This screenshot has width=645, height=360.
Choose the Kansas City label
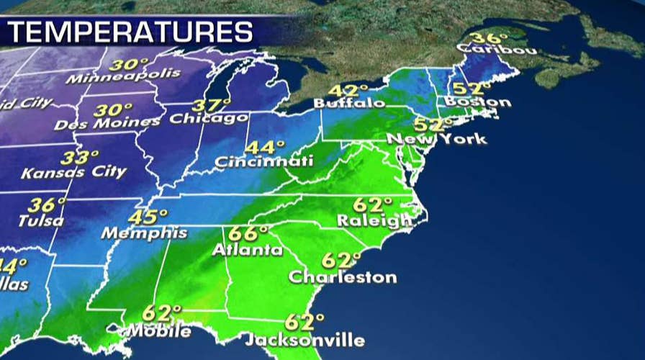pyautogui.click(x=73, y=173)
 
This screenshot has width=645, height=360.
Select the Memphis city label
pyautogui.click(x=144, y=233)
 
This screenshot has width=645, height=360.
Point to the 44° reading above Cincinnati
pyautogui.click(x=261, y=147)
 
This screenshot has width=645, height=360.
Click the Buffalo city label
pyautogui.click(x=349, y=104)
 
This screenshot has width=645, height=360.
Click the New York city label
pyautogui.click(x=436, y=138)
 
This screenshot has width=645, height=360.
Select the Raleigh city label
pyautogui.click(x=374, y=221)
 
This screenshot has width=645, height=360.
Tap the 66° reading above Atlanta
pyautogui.click(x=248, y=235)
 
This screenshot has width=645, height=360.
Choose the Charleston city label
pyautogui.click(x=342, y=276)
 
